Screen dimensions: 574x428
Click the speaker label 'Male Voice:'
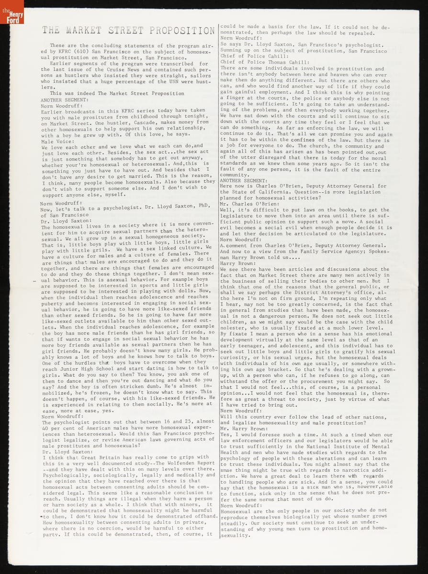pos(54,141)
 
